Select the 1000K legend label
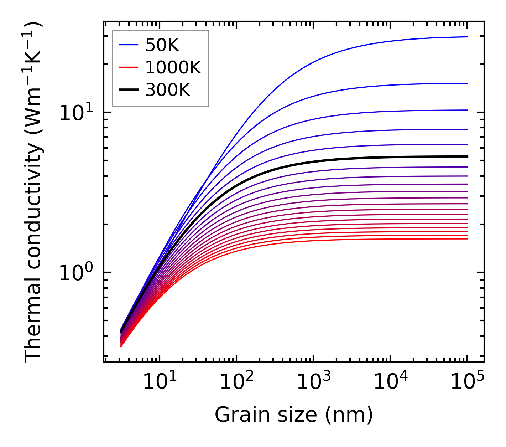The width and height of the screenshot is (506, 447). coord(173,67)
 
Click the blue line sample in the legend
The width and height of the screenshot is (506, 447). coord(128,45)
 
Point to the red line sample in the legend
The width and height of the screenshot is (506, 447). coord(128,67)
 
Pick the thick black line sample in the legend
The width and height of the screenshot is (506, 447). coord(128,90)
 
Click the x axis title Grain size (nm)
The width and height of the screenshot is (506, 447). coord(294,415)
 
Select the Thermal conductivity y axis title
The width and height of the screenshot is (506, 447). coord(34,192)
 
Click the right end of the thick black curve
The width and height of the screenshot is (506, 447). coord(467,156)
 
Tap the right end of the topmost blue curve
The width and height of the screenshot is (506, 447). coord(467,37)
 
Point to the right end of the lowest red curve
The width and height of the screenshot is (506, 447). coord(467,239)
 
